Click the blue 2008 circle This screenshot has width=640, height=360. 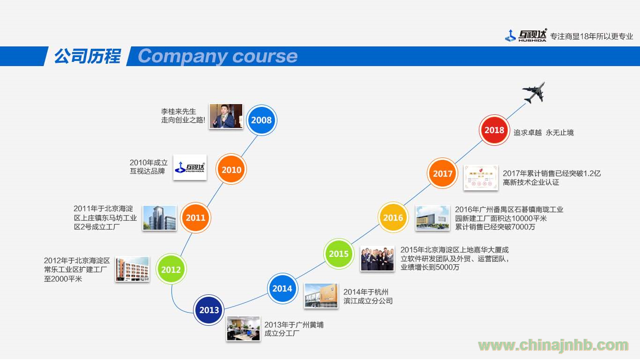pos(261,120)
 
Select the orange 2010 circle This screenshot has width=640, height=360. pos(231,170)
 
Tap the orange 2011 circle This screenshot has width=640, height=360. pos(195,217)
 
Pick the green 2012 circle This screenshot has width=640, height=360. pos(171,269)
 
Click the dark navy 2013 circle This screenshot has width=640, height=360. pos(209,310)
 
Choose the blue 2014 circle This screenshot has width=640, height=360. pos(283,288)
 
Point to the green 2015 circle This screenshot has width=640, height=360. pos(339,254)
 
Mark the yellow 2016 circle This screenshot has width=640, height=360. pos(393,217)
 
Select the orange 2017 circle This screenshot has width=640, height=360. pos(443,173)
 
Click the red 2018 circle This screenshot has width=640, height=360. pos(494,130)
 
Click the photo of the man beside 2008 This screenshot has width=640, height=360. pos(226,116)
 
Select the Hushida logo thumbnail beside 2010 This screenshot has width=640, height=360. pos(190,167)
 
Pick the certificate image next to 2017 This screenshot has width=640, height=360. pos(481,178)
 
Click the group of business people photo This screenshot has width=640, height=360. pos(377,258)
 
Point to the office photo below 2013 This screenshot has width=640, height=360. pos(244,329)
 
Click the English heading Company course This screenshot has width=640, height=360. pos(218,56)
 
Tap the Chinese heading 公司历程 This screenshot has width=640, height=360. pos(88,56)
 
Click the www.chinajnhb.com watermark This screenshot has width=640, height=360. pos(553,345)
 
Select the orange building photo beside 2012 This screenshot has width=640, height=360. pos(132,269)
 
